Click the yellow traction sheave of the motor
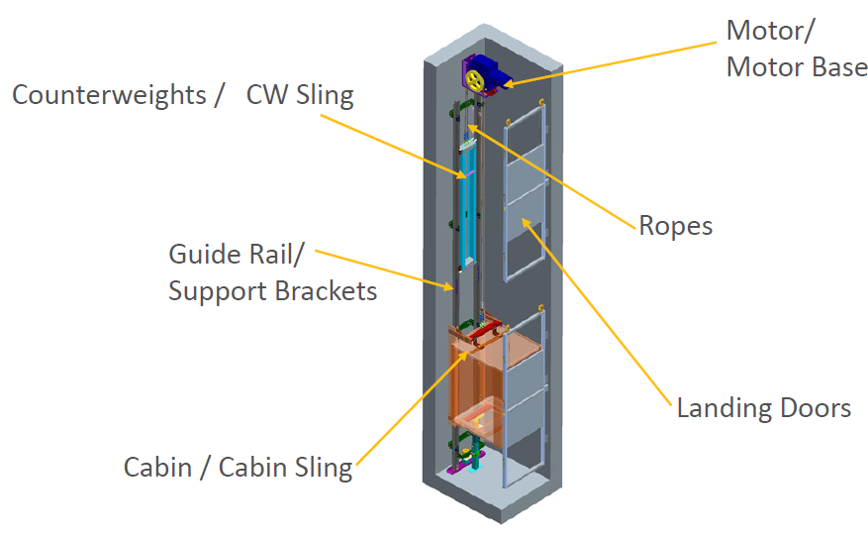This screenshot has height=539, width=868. coord(474,80)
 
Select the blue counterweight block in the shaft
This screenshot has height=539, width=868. coord(466,198)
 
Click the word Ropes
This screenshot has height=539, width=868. coord(675,226)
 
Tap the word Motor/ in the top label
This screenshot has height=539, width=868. coord(770,30)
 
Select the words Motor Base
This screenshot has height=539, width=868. coord(797,67)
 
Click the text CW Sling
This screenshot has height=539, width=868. coord(299,96)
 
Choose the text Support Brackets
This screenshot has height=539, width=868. coord(272,291)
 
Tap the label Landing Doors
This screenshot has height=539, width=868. coord(763,407)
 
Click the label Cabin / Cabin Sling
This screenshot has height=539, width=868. coord(238,467)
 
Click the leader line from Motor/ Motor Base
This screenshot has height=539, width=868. coord(614,63)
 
